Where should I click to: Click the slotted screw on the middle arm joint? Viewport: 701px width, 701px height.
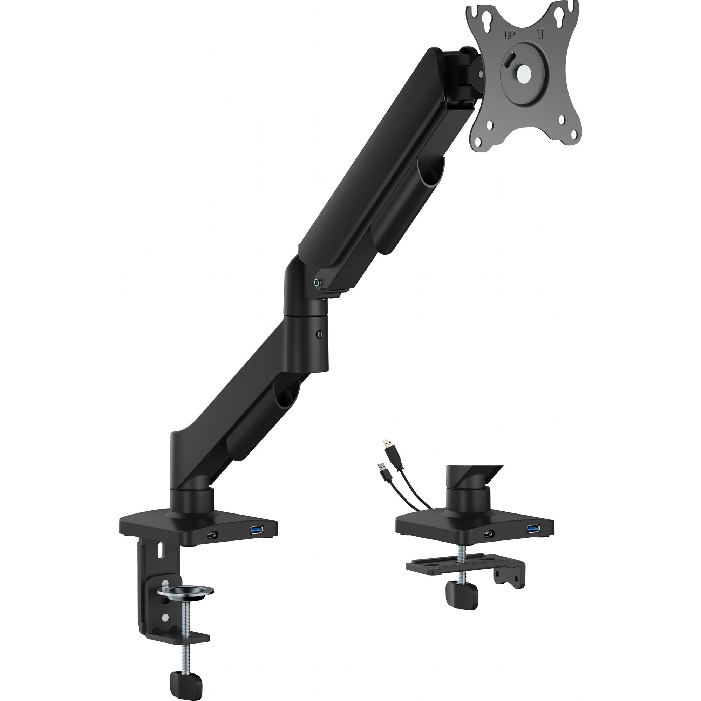(x=319, y=334)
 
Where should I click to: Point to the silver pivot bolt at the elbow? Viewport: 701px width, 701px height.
(x=318, y=281)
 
